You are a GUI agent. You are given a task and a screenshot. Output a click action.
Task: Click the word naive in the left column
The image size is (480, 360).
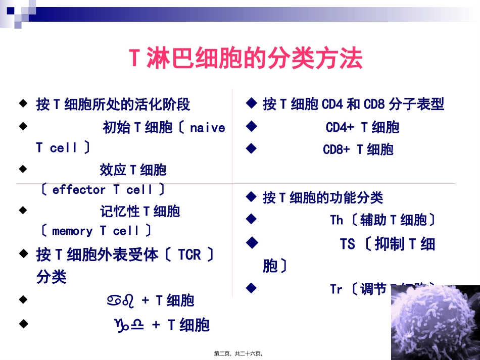[207, 128]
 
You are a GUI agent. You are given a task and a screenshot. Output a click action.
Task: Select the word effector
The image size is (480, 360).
[78, 190]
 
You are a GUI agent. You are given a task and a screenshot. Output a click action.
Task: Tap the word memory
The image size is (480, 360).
[72, 231]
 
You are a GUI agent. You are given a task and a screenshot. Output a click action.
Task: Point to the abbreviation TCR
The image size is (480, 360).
[189, 254]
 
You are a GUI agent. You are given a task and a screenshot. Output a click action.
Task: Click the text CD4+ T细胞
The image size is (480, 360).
[362, 128]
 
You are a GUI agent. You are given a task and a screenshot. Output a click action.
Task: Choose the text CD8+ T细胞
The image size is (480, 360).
[358, 149]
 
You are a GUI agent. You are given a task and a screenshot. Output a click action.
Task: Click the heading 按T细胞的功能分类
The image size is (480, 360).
[323, 197]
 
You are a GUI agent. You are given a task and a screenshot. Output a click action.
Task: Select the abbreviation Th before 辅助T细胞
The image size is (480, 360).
[337, 220]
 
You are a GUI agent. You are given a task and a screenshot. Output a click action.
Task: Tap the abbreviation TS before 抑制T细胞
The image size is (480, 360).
[347, 244]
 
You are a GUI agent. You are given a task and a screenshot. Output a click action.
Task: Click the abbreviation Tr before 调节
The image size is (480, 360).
[336, 289]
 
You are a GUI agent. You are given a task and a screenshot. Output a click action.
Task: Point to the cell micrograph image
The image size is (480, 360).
[435, 320]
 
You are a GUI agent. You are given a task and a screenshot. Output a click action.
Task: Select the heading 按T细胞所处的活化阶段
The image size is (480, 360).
[113, 105]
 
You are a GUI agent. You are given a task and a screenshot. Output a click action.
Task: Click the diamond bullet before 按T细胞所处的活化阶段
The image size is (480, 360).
[22, 104]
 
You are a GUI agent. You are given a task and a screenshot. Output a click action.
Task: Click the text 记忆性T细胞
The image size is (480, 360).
[140, 211]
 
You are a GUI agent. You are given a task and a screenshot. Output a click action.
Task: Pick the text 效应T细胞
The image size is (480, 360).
[133, 170]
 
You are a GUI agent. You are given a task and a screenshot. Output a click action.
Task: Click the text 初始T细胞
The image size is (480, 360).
[137, 128]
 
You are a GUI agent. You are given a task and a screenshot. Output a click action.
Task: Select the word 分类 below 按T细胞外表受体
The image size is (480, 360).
[52, 277]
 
